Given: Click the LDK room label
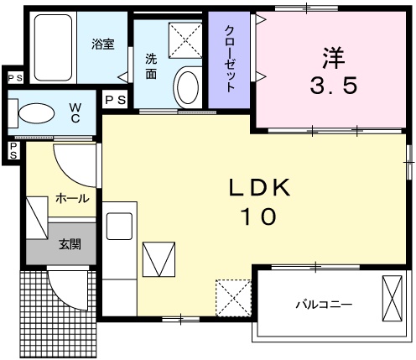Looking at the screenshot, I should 261,188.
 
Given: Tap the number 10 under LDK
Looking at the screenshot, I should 261,217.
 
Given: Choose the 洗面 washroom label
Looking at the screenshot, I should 151,66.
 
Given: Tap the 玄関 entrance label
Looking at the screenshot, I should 69,245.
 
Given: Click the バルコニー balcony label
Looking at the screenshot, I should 323,303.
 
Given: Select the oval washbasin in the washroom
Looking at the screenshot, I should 188,87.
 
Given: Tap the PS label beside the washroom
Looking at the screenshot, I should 116,100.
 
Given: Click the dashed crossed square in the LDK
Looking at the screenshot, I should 234,295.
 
